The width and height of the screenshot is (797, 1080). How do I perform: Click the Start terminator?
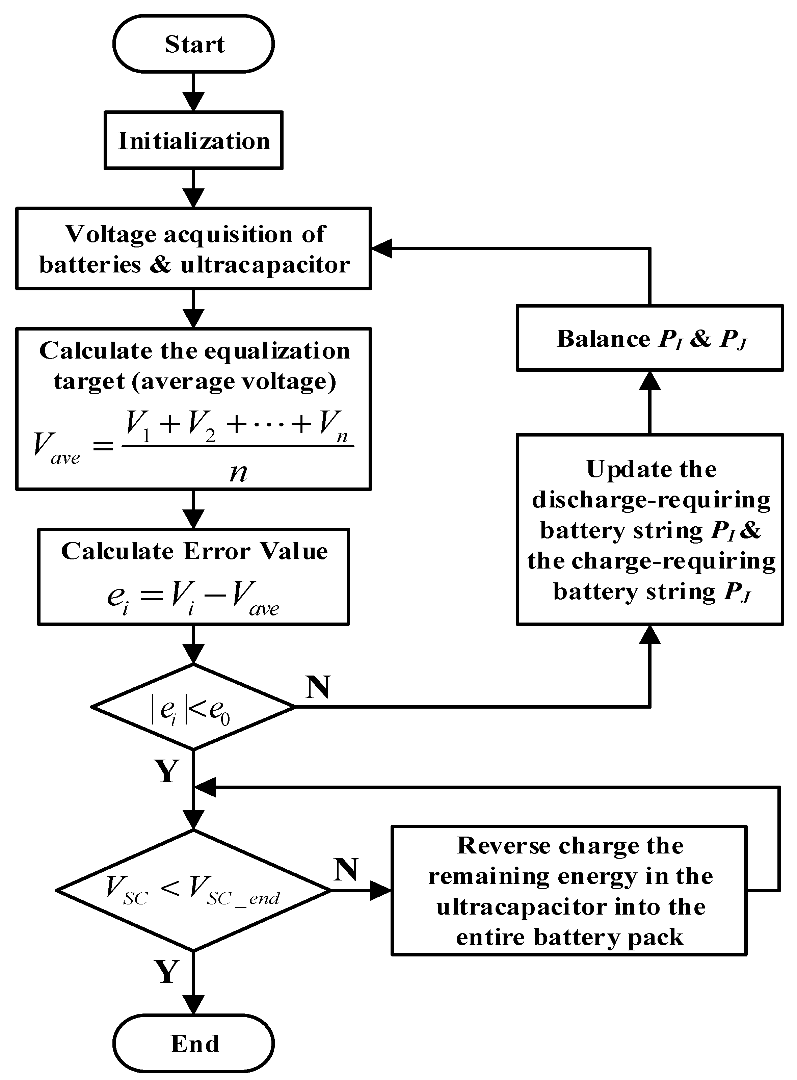[193, 44]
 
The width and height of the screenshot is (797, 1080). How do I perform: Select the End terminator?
[193, 1043]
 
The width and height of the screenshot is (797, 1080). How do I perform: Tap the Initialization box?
[193, 140]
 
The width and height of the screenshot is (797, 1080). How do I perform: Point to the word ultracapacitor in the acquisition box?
[265, 265]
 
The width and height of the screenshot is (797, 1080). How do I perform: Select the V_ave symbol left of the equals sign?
[55, 445]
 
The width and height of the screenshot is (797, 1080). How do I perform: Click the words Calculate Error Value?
[194, 551]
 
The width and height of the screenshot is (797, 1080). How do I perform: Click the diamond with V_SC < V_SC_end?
[193, 890]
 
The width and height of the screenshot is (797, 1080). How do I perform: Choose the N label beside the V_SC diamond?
[345, 870]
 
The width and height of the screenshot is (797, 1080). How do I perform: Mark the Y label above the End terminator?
[166, 972]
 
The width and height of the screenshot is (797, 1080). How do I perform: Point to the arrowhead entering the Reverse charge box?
[381, 890]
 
